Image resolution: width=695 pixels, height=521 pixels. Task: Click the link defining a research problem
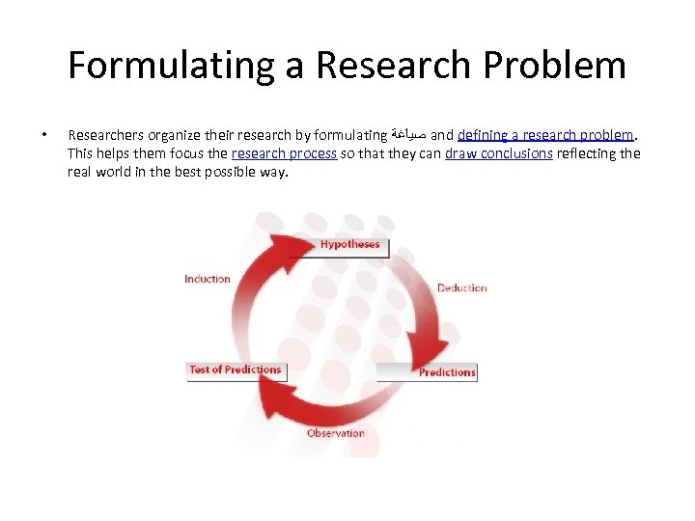click(x=545, y=135)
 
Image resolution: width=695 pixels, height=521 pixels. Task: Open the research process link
click(x=284, y=153)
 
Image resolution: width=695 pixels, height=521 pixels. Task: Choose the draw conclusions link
click(x=498, y=153)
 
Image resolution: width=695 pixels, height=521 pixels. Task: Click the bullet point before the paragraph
click(x=38, y=135)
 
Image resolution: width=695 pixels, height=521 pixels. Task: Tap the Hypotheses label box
click(x=349, y=245)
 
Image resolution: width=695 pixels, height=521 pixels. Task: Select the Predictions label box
click(x=446, y=371)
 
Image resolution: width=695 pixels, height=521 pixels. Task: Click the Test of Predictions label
click(x=236, y=370)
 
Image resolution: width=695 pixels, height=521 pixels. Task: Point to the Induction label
click(x=208, y=279)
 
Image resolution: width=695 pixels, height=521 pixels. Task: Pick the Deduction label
click(x=461, y=288)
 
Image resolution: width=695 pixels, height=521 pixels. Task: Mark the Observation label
click(x=335, y=433)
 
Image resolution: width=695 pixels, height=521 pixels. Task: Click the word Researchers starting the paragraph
click(x=106, y=135)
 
